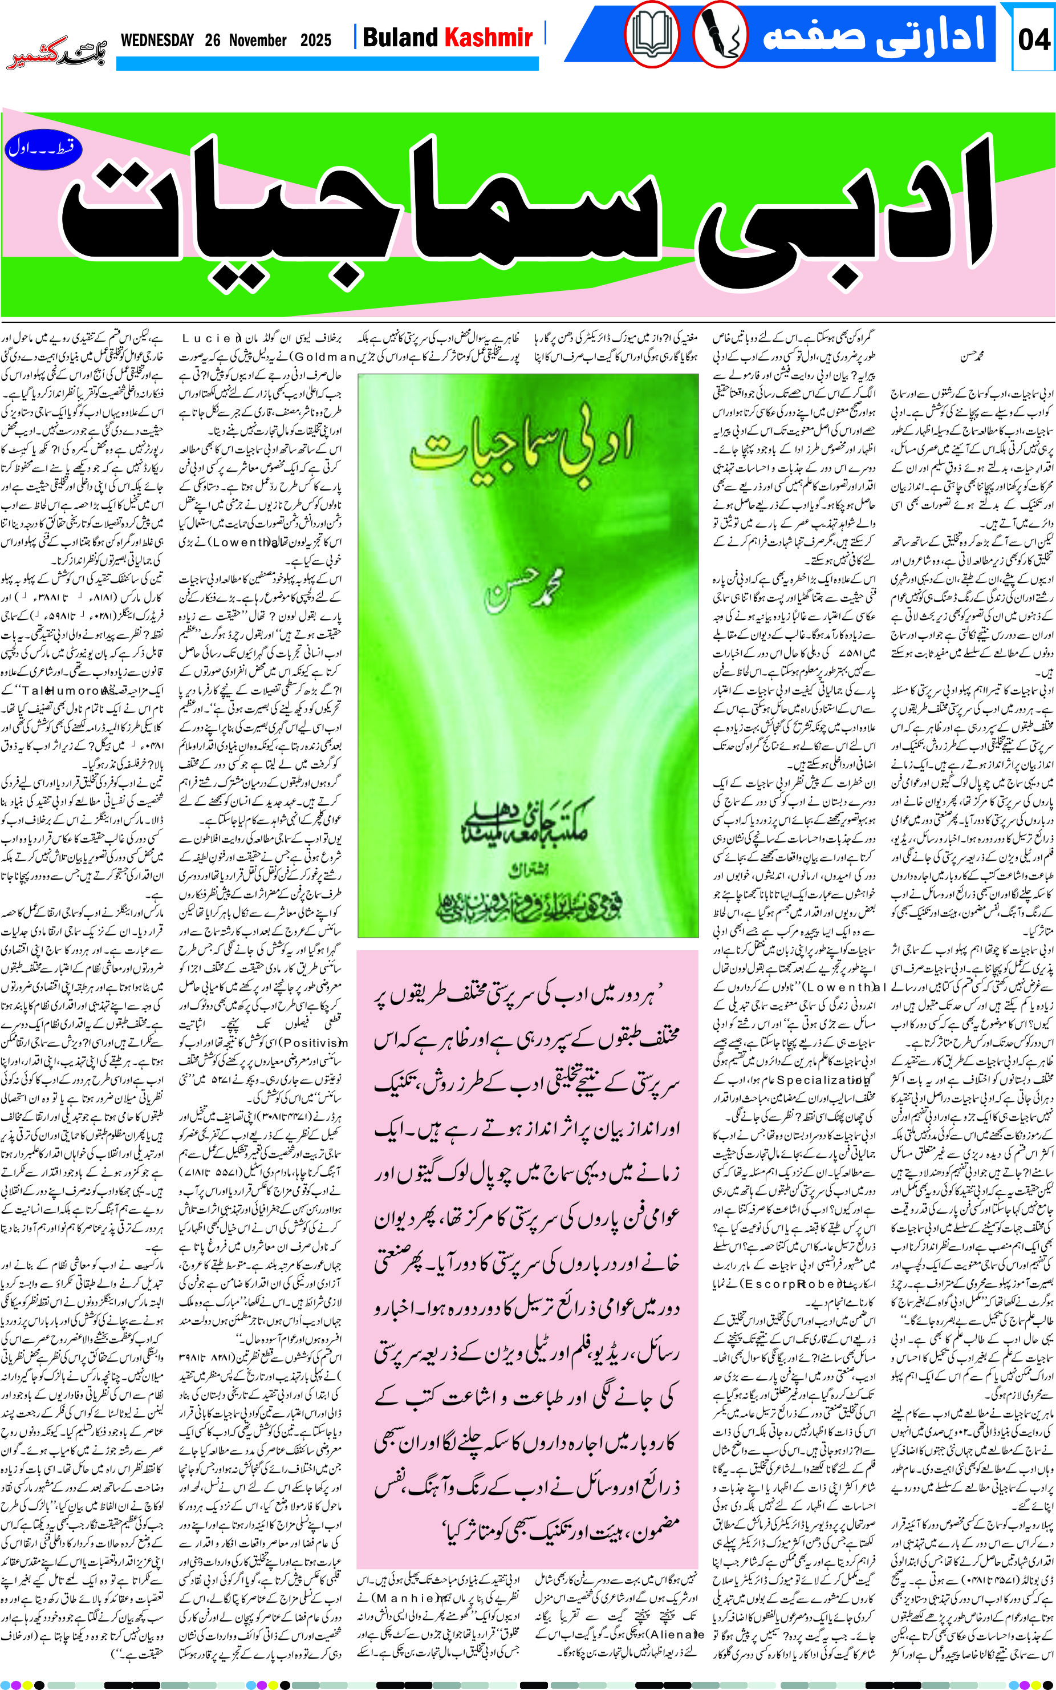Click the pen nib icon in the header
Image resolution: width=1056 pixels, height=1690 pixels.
[x=720, y=35]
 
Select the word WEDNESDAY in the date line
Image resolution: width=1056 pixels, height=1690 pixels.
[x=157, y=40]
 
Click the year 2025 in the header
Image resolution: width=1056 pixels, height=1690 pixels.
[x=316, y=40]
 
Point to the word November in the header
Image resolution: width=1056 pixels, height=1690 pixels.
[x=258, y=40]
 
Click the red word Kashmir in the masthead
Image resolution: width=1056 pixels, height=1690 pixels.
[x=489, y=37]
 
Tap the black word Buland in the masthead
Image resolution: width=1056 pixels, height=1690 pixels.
[x=400, y=37]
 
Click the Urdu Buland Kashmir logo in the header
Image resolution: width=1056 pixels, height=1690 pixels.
[x=56, y=52]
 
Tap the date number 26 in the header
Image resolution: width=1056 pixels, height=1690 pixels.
[x=213, y=40]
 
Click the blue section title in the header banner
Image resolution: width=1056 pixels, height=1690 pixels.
[x=873, y=35]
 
